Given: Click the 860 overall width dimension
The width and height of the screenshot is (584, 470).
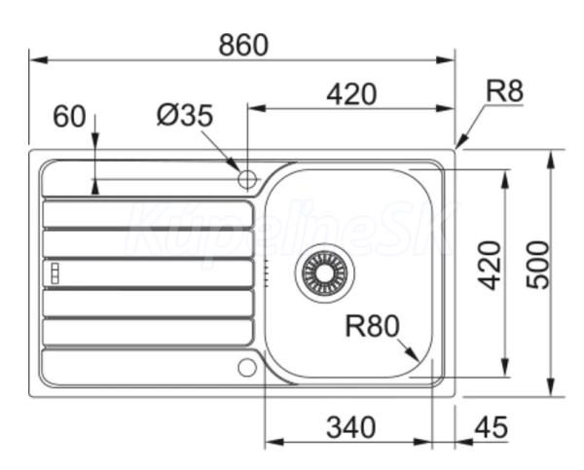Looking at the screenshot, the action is coord(243,45).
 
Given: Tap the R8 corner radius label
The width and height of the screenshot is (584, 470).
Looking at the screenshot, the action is coord(504,90).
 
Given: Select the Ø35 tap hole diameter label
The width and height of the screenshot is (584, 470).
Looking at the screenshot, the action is coord(185,115).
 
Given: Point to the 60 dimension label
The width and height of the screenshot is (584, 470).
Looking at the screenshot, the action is coord(69,117).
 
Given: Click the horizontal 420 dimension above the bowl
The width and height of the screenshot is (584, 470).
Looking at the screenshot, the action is coord(351,94).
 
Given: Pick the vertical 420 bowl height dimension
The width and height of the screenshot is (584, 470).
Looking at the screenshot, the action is coord(491,266).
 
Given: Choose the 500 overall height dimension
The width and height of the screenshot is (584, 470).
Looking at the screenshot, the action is coord(538,265).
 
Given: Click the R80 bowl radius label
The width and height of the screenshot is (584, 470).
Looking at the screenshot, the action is coord(373,326).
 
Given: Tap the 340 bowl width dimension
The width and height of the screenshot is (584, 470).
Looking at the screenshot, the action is coord(350,427).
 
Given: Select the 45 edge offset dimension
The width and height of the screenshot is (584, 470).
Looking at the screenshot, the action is coord(492,427).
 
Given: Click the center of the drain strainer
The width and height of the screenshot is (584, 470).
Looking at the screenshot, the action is coord(325,273).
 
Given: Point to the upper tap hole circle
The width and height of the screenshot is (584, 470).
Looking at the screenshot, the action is coord(247,179).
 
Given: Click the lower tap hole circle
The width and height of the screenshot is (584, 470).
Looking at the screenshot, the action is coord(247,367).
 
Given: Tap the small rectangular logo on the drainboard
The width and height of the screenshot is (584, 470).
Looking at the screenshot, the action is coord(55,273).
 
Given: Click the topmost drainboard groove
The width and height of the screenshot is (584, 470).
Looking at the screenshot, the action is coord(148,214).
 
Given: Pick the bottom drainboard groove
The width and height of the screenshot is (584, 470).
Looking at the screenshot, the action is coord(148,332).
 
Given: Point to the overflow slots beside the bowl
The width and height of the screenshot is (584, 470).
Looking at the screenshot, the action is coord(267,273).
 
